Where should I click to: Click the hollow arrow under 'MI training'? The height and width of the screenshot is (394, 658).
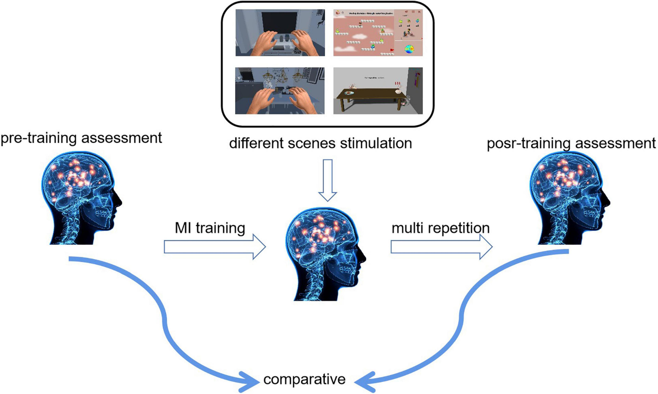tap(214, 247)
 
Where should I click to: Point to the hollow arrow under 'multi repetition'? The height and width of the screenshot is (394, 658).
tap(441, 247)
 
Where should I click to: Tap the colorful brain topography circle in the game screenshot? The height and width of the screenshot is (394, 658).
tap(409, 50)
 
